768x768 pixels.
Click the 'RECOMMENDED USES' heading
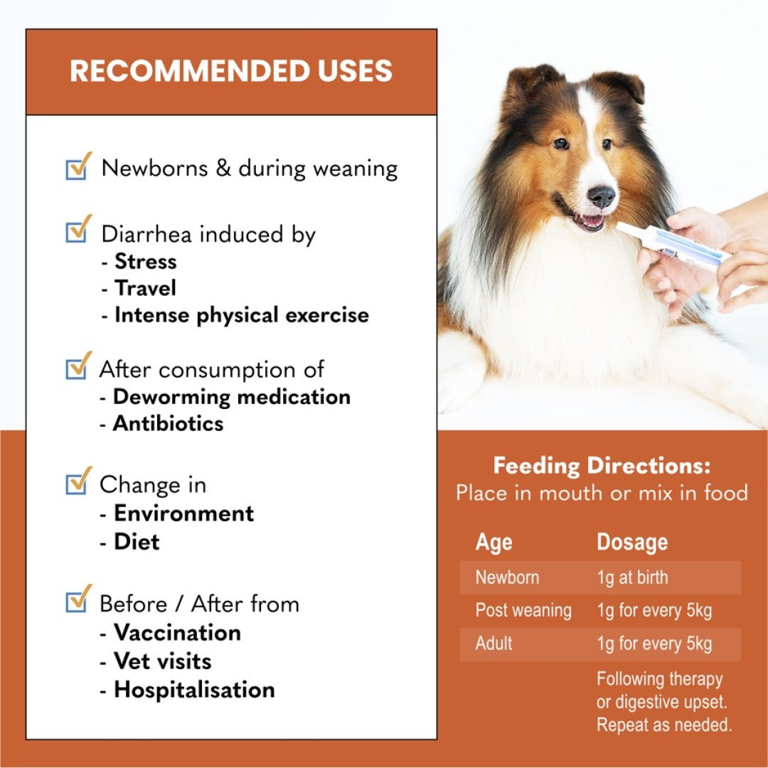tap(230, 70)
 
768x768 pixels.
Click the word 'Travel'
tap(145, 288)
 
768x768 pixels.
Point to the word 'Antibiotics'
tap(168, 424)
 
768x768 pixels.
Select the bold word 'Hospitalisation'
tap(194, 690)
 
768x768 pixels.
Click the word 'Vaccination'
tap(177, 633)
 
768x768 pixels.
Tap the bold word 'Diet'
tap(137, 542)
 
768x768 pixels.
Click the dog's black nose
tap(601, 196)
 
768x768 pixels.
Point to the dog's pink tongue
tap(592, 221)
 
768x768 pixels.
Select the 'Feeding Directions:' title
tap(602, 465)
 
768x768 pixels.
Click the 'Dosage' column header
tap(632, 542)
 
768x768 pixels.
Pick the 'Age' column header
tap(494, 543)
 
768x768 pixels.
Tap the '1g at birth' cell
tap(632, 577)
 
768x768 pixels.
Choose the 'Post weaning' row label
tap(523, 610)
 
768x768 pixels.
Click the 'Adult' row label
tap(494, 643)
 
